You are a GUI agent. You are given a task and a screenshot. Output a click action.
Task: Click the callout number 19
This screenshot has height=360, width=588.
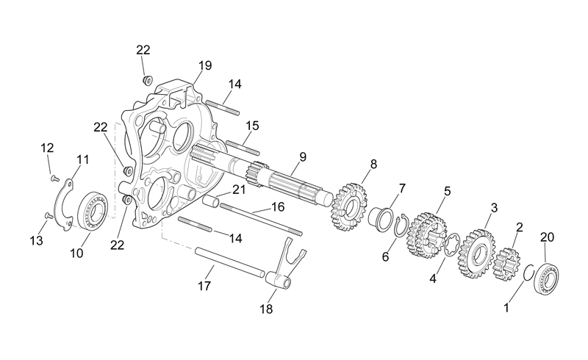click(x=205, y=65)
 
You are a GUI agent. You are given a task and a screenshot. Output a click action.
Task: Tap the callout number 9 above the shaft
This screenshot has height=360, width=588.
click(x=303, y=157)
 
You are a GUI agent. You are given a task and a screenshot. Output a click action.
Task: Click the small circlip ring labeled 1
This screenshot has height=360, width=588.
click(x=525, y=273)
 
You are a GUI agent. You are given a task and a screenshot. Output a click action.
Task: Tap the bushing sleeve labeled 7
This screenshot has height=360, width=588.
click(x=380, y=217)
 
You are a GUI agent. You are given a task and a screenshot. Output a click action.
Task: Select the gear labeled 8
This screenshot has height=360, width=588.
click(x=349, y=206)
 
